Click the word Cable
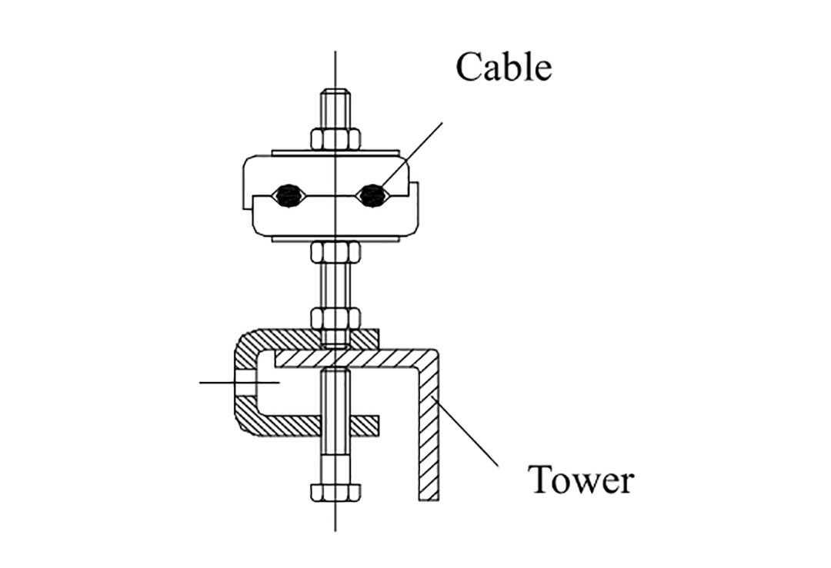[503, 67]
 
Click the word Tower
[581, 480]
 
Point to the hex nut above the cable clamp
[335, 139]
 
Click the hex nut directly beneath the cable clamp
[335, 252]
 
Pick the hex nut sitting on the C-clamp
[335, 317]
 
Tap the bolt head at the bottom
[335, 492]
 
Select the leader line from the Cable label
[415, 154]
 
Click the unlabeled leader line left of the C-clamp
[219, 382]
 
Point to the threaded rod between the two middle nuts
[335, 284]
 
